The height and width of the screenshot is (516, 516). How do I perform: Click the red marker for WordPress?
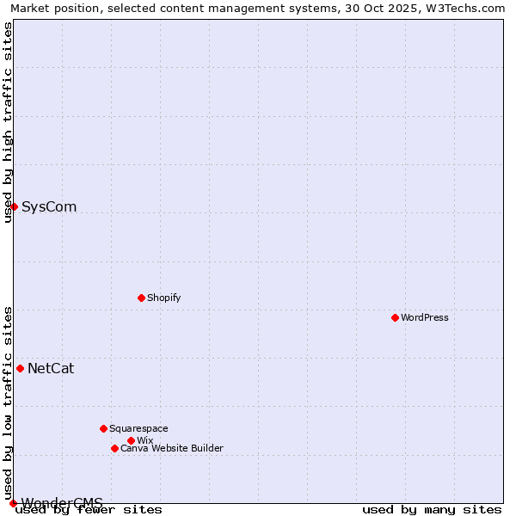[x=395, y=317]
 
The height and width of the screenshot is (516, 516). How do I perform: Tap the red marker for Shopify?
[x=141, y=298]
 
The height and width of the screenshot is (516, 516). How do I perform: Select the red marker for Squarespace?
[x=103, y=428]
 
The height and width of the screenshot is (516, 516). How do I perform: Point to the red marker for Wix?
[x=131, y=440]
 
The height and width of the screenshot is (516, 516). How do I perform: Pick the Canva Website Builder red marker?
[x=114, y=448]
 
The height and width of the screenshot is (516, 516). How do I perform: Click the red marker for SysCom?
[x=14, y=206]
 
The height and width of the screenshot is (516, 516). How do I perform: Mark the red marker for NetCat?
[x=20, y=368]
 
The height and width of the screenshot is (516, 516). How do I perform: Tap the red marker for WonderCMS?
[x=13, y=503]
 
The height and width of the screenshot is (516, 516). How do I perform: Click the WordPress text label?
[x=425, y=317]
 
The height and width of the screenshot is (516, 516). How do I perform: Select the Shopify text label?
[x=163, y=298]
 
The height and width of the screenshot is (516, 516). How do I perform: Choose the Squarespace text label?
[x=138, y=428]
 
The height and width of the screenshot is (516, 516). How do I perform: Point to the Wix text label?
[x=144, y=440]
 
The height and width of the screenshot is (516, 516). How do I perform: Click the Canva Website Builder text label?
[x=172, y=448]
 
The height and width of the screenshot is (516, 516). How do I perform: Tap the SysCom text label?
[x=49, y=206]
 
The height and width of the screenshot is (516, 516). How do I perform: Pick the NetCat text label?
[x=51, y=368]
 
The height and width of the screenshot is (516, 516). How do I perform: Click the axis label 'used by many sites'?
[x=432, y=510]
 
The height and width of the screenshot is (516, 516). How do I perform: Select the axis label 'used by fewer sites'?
[x=89, y=510]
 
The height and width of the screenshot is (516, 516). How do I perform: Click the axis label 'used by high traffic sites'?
[x=8, y=122]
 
